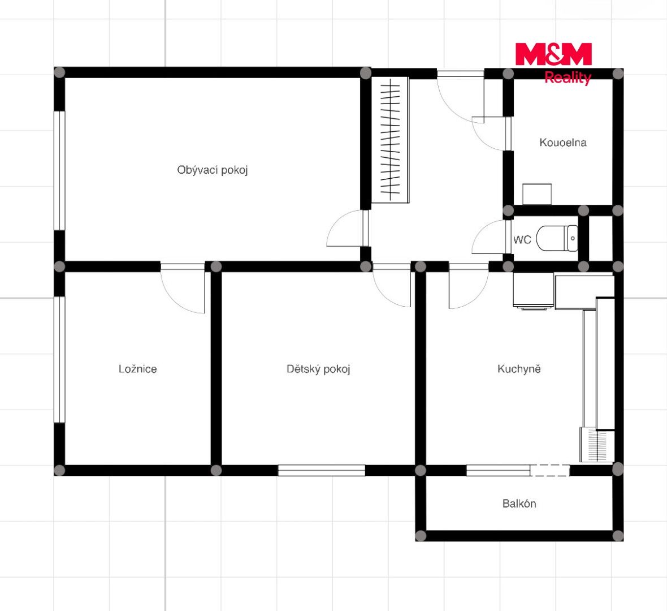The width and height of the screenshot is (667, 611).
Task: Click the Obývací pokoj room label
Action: pyautogui.click(x=213, y=170)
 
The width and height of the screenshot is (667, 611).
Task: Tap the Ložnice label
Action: pyautogui.click(x=138, y=369)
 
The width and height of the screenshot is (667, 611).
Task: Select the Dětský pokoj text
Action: pyautogui.click(x=318, y=369)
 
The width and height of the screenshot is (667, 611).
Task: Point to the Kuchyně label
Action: pyautogui.click(x=519, y=369)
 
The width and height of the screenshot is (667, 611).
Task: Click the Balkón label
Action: pyautogui.click(x=519, y=504)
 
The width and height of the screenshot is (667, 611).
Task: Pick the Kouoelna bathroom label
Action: pyautogui.click(x=563, y=143)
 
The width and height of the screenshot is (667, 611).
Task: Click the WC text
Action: pyautogui.click(x=522, y=240)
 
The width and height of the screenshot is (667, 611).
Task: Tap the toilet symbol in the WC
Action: pyautogui.click(x=557, y=238)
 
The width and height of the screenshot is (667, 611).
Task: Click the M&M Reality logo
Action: pyautogui.click(x=553, y=63)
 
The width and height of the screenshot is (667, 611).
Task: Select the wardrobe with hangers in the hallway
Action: pyautogui.click(x=390, y=140)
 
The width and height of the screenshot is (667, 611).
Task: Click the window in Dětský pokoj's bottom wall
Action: pyautogui.click(x=322, y=470)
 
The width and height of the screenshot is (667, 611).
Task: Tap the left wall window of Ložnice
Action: pyautogui.click(x=59, y=359)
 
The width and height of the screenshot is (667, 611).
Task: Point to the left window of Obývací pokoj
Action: pyautogui.click(x=59, y=171)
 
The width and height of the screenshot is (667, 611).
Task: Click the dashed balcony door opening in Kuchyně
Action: pyautogui.click(x=549, y=470)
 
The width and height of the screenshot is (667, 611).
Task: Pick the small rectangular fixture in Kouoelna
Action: pyautogui.click(x=537, y=194)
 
